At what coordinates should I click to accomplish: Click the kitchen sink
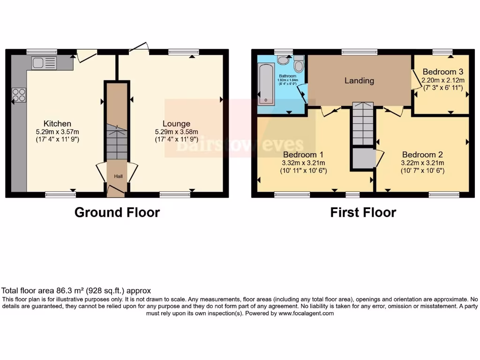[x=44, y=62]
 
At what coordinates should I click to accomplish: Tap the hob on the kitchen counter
[x=19, y=95]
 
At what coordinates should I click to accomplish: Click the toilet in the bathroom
[x=299, y=63]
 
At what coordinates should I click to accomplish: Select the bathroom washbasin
[x=283, y=60]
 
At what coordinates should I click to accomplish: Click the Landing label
[x=359, y=81]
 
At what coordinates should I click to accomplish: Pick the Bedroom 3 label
[x=442, y=72]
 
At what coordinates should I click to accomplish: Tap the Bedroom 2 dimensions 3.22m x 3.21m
[x=422, y=163]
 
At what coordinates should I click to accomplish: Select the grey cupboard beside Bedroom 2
[x=363, y=158]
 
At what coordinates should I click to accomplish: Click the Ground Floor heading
[x=117, y=212]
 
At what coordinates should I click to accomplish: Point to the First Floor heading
[x=363, y=212]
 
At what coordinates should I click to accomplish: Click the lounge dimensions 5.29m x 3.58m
[x=180, y=132]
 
